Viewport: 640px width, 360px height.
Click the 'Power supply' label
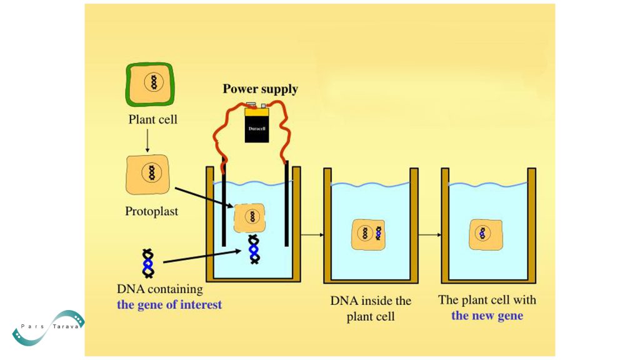coord(260,89)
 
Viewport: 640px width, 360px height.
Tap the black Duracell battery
coord(257,124)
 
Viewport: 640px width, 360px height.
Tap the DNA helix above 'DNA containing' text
coord(148,263)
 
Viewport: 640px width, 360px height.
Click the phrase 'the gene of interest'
coord(169,305)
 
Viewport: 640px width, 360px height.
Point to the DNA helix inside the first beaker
coord(254,249)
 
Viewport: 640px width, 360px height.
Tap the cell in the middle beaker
coord(369,234)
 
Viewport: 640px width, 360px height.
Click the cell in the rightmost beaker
coord(486,234)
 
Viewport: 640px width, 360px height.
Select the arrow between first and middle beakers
coord(312,235)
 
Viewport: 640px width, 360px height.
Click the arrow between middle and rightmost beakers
coord(429,235)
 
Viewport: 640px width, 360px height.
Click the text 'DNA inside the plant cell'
coord(371,308)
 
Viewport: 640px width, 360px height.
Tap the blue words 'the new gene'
coord(487,315)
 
